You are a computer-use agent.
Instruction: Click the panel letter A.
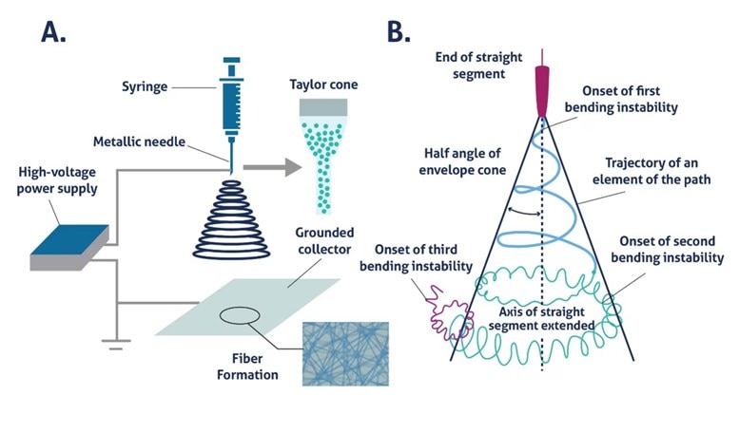[54, 31]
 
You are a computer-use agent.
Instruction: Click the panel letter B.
[399, 31]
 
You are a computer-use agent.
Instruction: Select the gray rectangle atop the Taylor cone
[325, 109]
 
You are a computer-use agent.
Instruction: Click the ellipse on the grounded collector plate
[238, 316]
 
